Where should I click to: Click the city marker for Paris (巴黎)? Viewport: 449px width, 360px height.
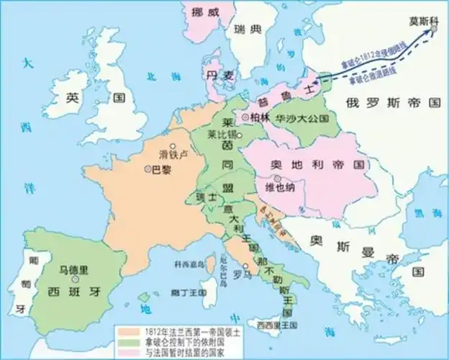[x=148, y=169]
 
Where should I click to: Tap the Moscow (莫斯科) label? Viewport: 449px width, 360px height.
[x=422, y=22]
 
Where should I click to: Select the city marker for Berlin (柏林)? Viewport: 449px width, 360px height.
[x=246, y=117]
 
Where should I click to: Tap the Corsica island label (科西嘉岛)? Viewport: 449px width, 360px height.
[x=188, y=264]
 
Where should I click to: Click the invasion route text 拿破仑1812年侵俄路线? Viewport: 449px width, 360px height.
[x=363, y=49]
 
